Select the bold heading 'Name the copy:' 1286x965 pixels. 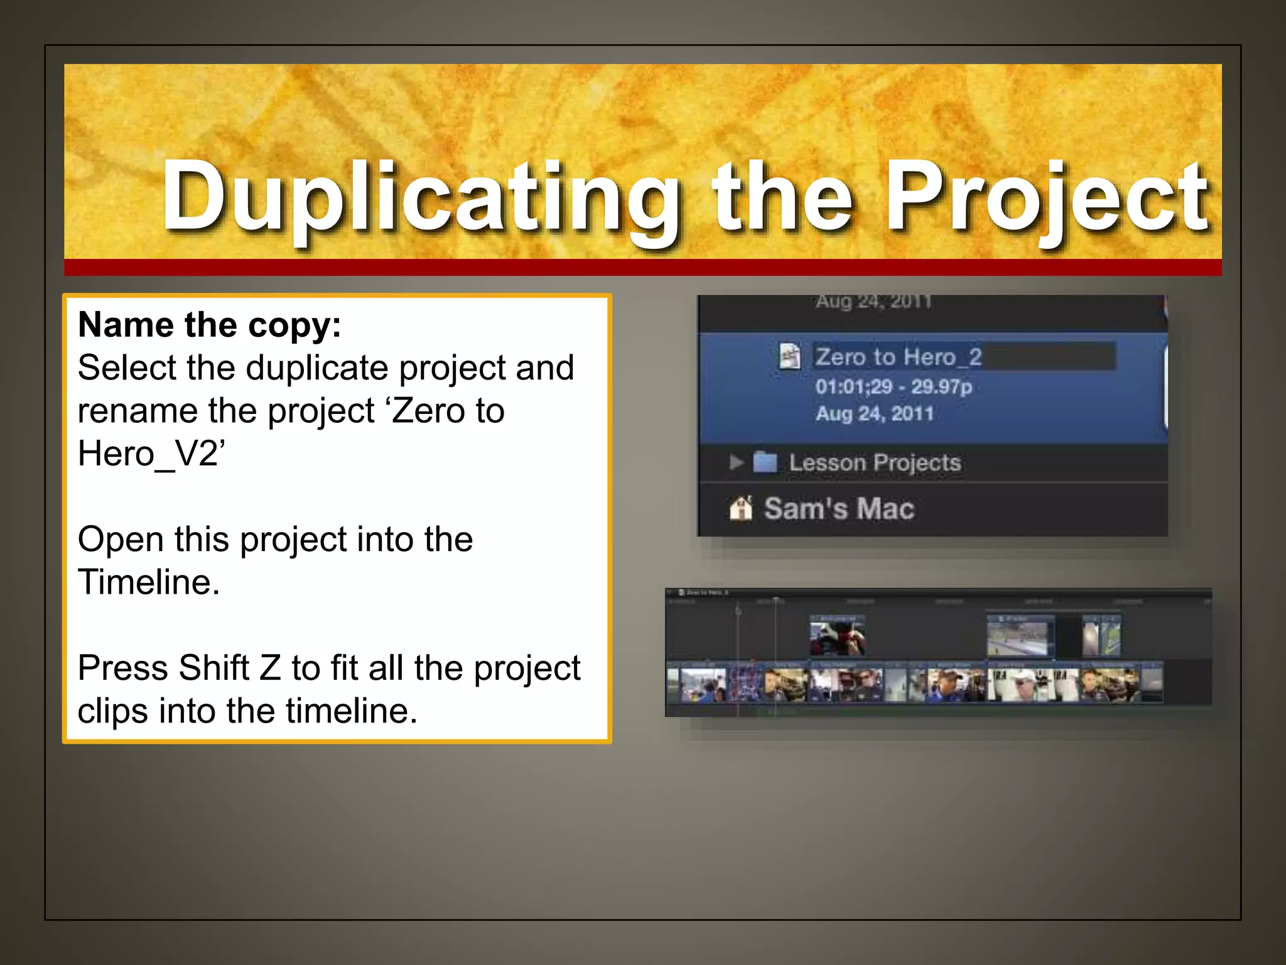(210, 325)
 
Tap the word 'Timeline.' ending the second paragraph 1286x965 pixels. (149, 582)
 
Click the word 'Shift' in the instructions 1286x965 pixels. (213, 668)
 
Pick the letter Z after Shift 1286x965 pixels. (270, 668)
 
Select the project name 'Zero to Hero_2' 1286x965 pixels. (898, 357)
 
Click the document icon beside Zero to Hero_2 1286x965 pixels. (790, 356)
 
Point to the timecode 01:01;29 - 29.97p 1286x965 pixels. (893, 386)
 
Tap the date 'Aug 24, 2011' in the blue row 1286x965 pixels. (874, 414)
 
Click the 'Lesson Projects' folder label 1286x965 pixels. (875, 463)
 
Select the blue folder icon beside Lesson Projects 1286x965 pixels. (765, 462)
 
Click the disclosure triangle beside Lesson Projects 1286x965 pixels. (736, 462)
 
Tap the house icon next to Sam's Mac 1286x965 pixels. (741, 508)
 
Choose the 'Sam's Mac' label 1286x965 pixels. (839, 508)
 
